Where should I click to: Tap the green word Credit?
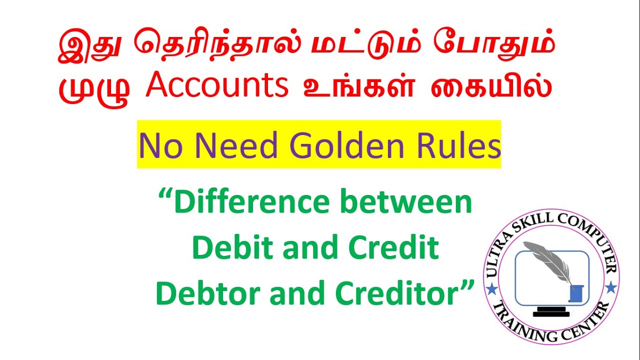click(x=397, y=249)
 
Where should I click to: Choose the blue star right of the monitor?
click(x=610, y=288)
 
